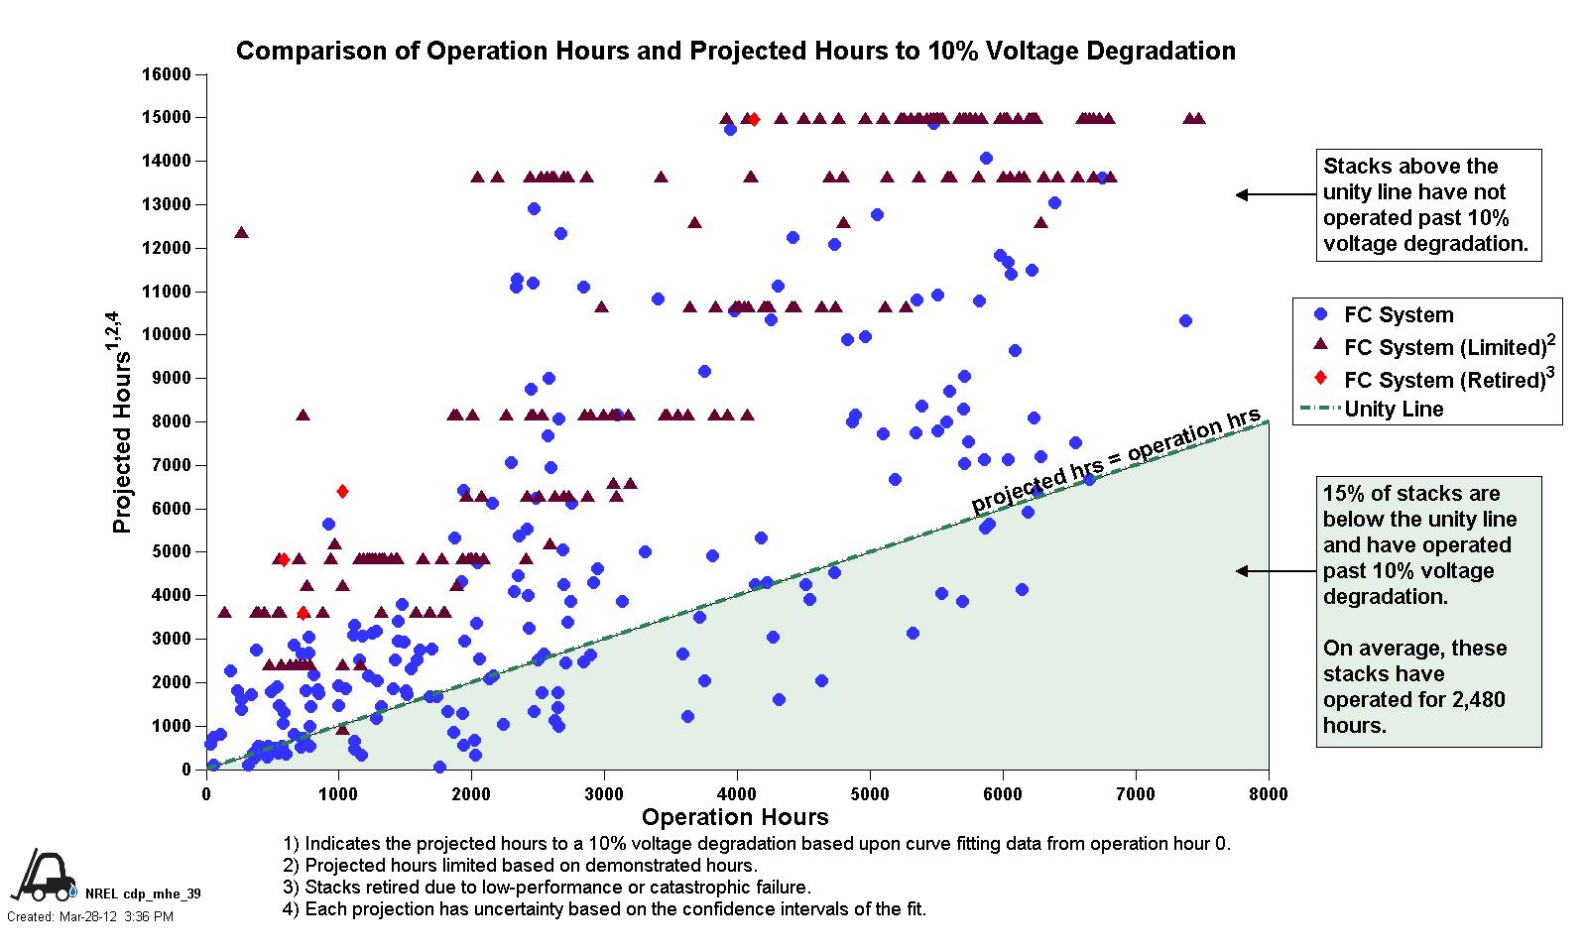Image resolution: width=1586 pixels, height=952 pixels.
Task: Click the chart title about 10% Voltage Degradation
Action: click(x=735, y=51)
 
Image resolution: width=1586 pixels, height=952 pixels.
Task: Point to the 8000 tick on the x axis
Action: click(x=1268, y=793)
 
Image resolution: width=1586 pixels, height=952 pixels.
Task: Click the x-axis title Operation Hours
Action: click(x=735, y=817)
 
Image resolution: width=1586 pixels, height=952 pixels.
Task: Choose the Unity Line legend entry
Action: click(x=1393, y=409)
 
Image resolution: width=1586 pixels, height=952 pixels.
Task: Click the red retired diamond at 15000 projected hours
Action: click(x=753, y=119)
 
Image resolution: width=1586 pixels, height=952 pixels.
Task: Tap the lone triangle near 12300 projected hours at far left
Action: click(x=241, y=232)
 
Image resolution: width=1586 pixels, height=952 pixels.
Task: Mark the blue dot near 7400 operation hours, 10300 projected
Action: click(x=1185, y=320)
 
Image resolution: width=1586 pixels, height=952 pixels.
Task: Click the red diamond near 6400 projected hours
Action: click(x=342, y=491)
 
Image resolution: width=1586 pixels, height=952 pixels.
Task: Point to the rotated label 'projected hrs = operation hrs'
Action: click(x=1115, y=460)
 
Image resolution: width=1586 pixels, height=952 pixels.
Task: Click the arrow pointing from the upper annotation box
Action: click(x=1275, y=195)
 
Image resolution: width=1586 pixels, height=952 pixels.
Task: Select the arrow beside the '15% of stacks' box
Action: click(x=1275, y=571)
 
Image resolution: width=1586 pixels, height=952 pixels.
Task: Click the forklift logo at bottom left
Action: click(x=45, y=874)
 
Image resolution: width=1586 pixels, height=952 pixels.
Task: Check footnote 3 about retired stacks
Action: click(x=547, y=888)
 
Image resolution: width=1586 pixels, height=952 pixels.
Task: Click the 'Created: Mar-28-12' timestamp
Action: click(x=90, y=916)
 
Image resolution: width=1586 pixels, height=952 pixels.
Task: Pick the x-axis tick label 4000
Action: click(x=737, y=793)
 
